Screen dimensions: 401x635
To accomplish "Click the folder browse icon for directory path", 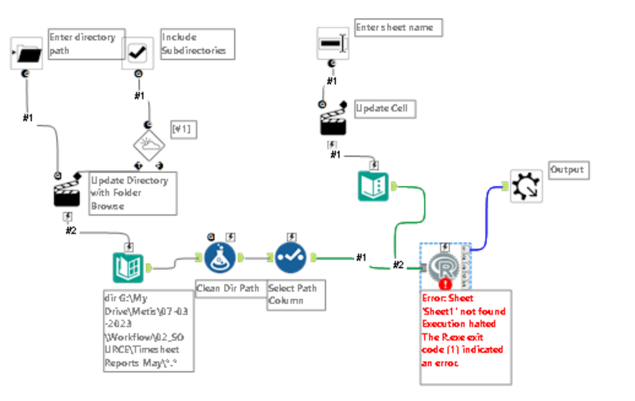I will coord(27,53).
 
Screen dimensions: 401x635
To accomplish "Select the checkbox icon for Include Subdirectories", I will coord(137,53).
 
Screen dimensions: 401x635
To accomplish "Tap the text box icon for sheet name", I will coord(332,42).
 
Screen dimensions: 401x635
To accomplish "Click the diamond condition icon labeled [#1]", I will coord(150,147).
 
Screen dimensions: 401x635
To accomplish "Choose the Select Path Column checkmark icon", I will coord(291,260).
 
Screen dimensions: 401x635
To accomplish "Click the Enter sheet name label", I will coord(398,28).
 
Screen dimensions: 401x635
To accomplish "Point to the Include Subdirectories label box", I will coord(197,43).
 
